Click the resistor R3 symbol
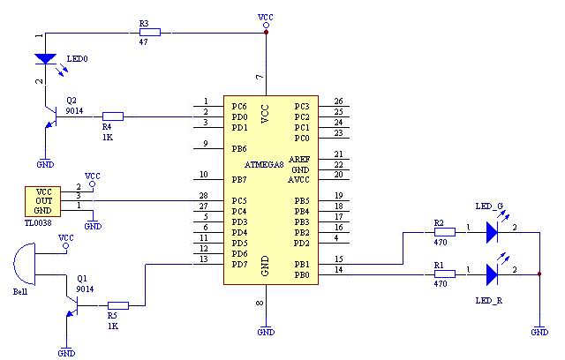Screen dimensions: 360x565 click(149, 33)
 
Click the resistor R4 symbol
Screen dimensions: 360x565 click(112, 116)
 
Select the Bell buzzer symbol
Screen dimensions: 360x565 click(26, 267)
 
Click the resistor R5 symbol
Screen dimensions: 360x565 click(117, 306)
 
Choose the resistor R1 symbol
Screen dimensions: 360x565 click(444, 274)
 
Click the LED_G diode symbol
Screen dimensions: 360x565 click(492, 233)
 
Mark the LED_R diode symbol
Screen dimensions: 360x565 click(492, 274)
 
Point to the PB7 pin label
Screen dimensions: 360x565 click(239, 179)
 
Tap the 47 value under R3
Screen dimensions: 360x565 click(144, 42)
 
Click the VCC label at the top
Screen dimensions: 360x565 click(265, 17)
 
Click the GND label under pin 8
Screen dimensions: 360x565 click(265, 332)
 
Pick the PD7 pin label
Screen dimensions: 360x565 click(239, 264)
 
